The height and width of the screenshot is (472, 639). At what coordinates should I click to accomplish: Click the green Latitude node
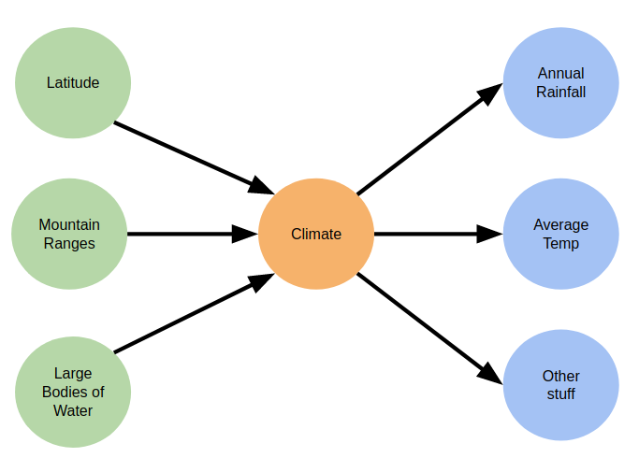pyautogui.click(x=73, y=83)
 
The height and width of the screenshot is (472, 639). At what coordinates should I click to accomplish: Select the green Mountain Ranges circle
pyautogui.click(x=69, y=234)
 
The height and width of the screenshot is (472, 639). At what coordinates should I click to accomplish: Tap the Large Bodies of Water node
pyautogui.click(x=73, y=392)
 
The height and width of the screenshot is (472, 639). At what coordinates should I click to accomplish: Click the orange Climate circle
pyautogui.click(x=316, y=234)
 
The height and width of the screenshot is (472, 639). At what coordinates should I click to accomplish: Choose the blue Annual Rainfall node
pyautogui.click(x=560, y=83)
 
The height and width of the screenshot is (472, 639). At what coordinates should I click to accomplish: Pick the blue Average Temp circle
pyautogui.click(x=560, y=234)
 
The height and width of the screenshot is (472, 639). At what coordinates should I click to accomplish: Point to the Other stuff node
pyautogui.click(x=560, y=385)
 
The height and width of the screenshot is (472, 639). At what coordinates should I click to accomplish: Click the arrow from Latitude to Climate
pyautogui.click(x=192, y=156)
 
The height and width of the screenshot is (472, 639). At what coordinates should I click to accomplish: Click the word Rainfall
pyautogui.click(x=560, y=92)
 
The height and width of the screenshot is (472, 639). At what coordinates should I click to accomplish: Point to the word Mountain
pyautogui.click(x=69, y=224)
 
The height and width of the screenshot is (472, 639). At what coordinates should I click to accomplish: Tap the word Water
pyautogui.click(x=73, y=410)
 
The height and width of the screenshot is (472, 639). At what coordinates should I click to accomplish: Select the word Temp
pyautogui.click(x=560, y=243)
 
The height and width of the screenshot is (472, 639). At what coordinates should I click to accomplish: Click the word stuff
pyautogui.click(x=560, y=394)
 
